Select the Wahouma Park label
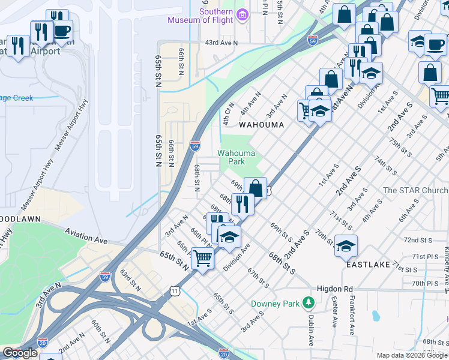[x=231, y=157]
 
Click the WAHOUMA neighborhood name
[x=261, y=125]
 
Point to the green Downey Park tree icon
[x=309, y=303]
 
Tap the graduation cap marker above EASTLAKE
[x=346, y=245]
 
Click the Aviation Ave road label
[x=86, y=236]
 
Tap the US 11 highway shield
[x=174, y=290]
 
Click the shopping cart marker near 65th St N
[x=203, y=259]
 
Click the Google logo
[x=19, y=353]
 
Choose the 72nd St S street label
[x=418, y=239]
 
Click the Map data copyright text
[x=411, y=355]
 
